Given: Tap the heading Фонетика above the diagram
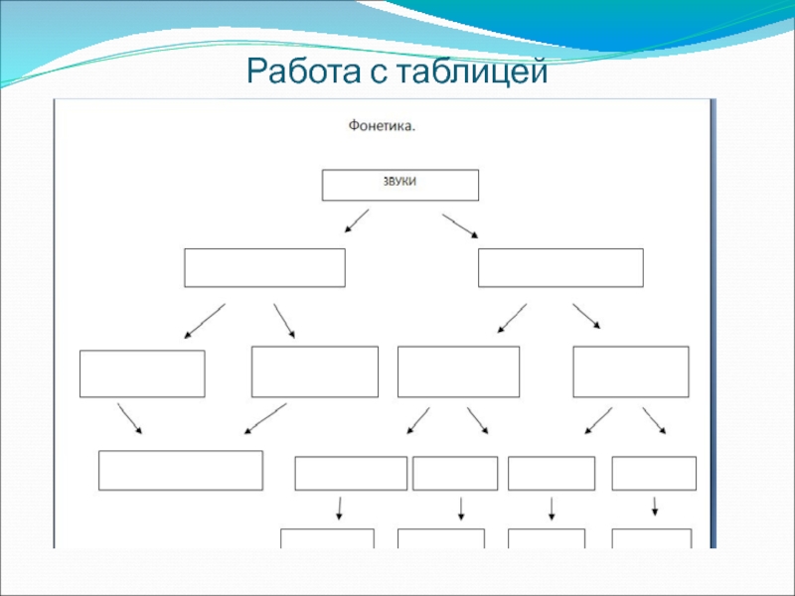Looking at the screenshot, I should pyautogui.click(x=382, y=127).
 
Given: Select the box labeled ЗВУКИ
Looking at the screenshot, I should pyautogui.click(x=399, y=185).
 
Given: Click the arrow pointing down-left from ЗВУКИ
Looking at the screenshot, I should pyautogui.click(x=356, y=221).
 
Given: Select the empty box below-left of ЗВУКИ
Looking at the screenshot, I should pyautogui.click(x=264, y=268).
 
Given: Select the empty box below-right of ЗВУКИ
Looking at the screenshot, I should pyautogui.click(x=560, y=268).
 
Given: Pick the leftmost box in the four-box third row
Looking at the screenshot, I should pyautogui.click(x=142, y=373).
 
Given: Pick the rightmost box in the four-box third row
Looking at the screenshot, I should pyautogui.click(x=631, y=372).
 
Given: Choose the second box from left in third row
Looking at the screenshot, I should pyautogui.click(x=315, y=372).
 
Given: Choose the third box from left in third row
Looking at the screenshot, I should pyautogui.click(x=458, y=372).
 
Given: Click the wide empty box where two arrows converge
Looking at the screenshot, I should pyautogui.click(x=181, y=470).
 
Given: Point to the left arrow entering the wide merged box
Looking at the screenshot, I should pyautogui.click(x=130, y=418).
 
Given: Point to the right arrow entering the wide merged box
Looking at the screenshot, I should pyautogui.click(x=265, y=418).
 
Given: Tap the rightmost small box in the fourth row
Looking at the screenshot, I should pyautogui.click(x=654, y=473).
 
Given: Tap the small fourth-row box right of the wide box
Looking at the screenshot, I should pyautogui.click(x=351, y=473).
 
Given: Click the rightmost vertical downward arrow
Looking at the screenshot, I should pyautogui.click(x=654, y=506).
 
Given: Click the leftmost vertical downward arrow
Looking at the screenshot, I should pyautogui.click(x=340, y=508).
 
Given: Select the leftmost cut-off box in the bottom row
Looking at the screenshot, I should pyautogui.click(x=327, y=538).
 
